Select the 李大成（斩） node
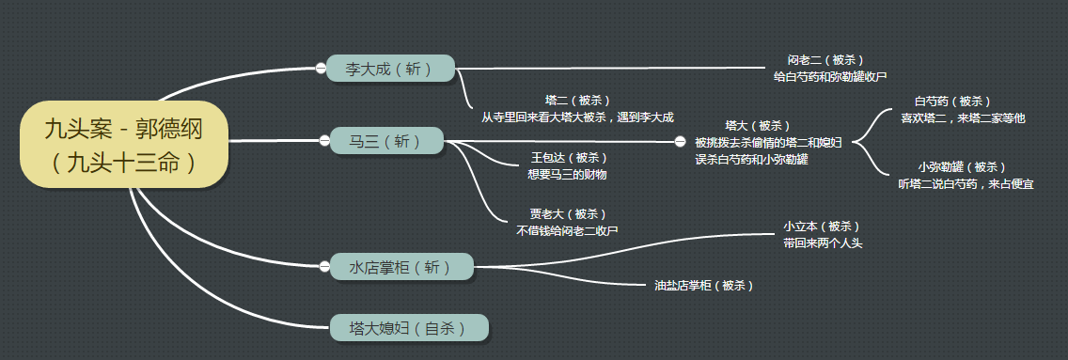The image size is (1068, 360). coord(390,69)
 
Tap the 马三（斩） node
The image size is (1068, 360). coord(386,142)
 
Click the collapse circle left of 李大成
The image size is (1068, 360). coord(321,68)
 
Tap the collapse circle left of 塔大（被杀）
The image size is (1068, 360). coord(681,142)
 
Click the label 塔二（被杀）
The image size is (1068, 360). coord(577,101)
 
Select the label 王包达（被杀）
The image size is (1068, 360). coord(569,158)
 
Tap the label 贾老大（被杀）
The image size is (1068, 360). coord(568,213)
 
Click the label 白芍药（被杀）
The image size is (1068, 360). coord(952,102)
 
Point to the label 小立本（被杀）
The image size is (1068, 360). coord(821,227)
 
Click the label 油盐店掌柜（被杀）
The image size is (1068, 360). coord(703,284)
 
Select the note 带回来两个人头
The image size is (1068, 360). coord(822,243)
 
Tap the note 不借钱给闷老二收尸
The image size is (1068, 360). coord(567,230)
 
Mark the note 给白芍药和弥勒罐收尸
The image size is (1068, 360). coord(830,76)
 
